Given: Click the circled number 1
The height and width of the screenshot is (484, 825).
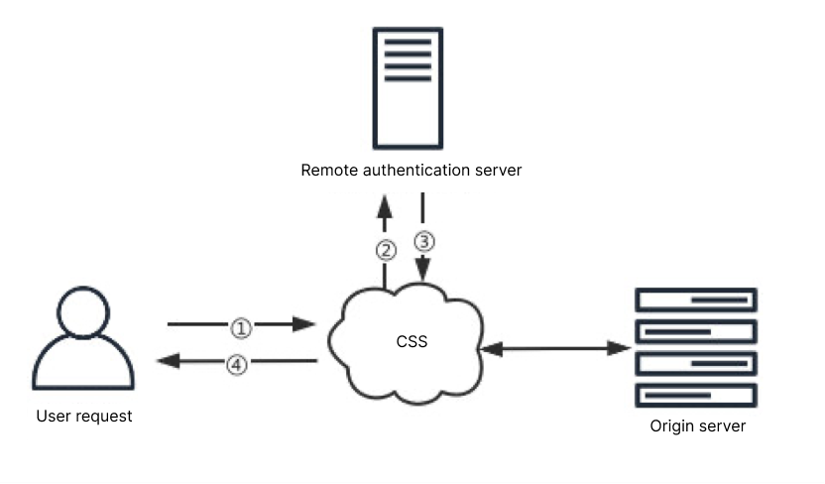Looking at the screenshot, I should [x=242, y=325].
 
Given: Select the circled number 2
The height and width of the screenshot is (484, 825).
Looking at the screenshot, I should [x=385, y=250].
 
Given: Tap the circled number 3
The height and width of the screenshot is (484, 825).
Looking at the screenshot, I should [x=423, y=240].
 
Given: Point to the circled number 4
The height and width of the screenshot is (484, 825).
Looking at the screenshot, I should [x=236, y=364].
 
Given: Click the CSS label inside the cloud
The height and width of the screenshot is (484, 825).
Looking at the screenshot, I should [x=411, y=342].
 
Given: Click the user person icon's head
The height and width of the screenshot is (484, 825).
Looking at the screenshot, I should [x=83, y=311].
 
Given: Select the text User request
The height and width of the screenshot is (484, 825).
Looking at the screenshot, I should [x=84, y=417].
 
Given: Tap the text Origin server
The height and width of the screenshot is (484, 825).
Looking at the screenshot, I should [x=697, y=426].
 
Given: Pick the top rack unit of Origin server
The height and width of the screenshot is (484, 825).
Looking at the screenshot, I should [x=696, y=300].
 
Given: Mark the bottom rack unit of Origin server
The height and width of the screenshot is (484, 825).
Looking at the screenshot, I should [x=696, y=395].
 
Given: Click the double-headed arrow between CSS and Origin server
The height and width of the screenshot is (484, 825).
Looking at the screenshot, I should [x=555, y=348].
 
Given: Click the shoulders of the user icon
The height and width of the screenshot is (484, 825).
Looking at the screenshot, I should [x=83, y=367].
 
